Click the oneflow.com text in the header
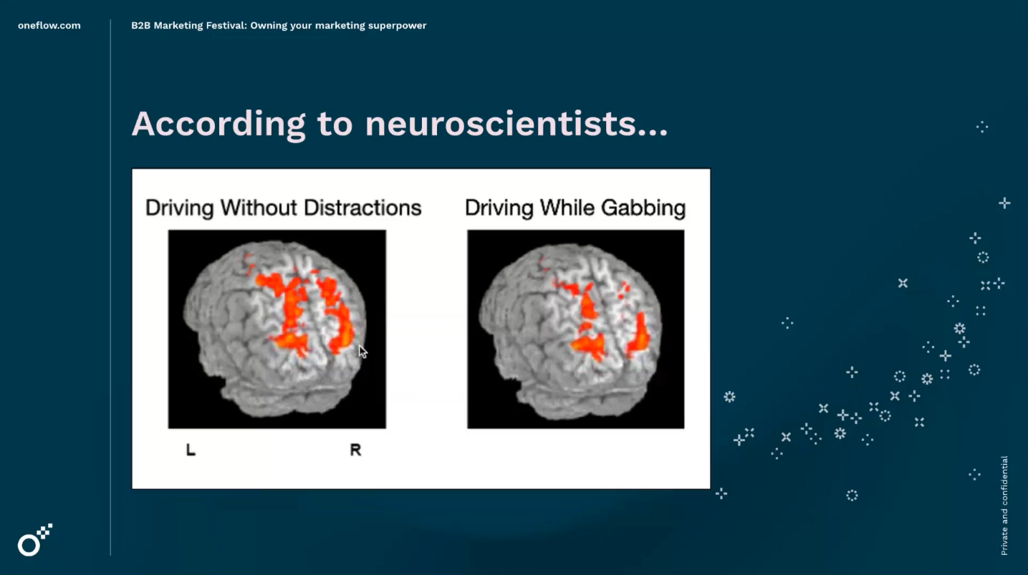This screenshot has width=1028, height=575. tap(49, 26)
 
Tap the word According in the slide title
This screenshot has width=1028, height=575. tap(218, 124)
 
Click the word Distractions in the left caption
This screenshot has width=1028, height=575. tap(362, 208)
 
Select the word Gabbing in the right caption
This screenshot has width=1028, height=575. tap(643, 208)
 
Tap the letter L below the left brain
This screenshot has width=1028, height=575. tap(191, 450)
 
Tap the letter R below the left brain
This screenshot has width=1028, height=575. tap(355, 450)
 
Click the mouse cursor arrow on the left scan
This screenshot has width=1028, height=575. tap(362, 352)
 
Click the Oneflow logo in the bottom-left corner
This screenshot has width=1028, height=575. tap(35, 540)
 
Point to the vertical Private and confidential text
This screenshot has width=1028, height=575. tap(1004, 506)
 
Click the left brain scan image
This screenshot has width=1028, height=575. tap(277, 329)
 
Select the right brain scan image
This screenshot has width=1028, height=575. tap(576, 329)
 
